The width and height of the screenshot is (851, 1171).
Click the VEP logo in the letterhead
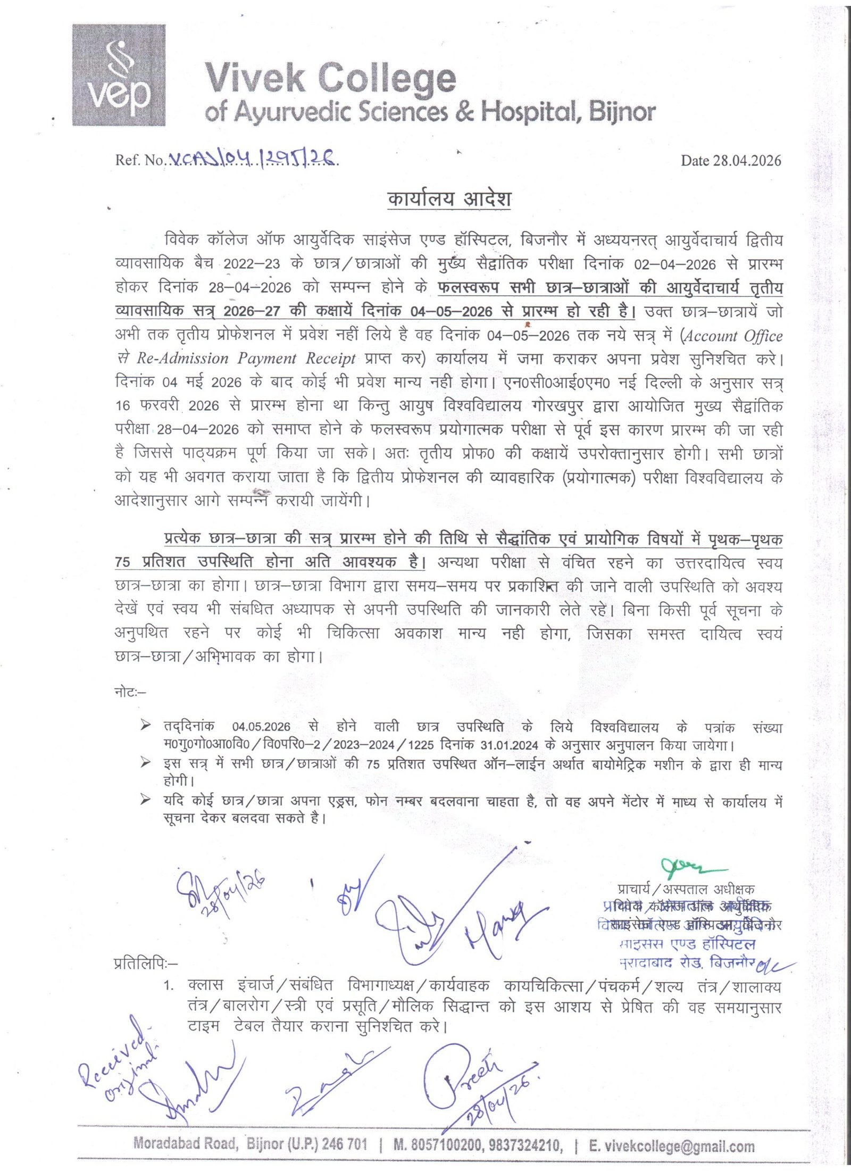point(119,75)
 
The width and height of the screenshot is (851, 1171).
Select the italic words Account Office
point(733,336)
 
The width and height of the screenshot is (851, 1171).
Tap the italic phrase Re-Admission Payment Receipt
point(246,359)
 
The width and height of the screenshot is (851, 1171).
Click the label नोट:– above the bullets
point(130,692)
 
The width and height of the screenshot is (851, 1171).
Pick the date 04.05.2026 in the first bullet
point(261,727)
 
